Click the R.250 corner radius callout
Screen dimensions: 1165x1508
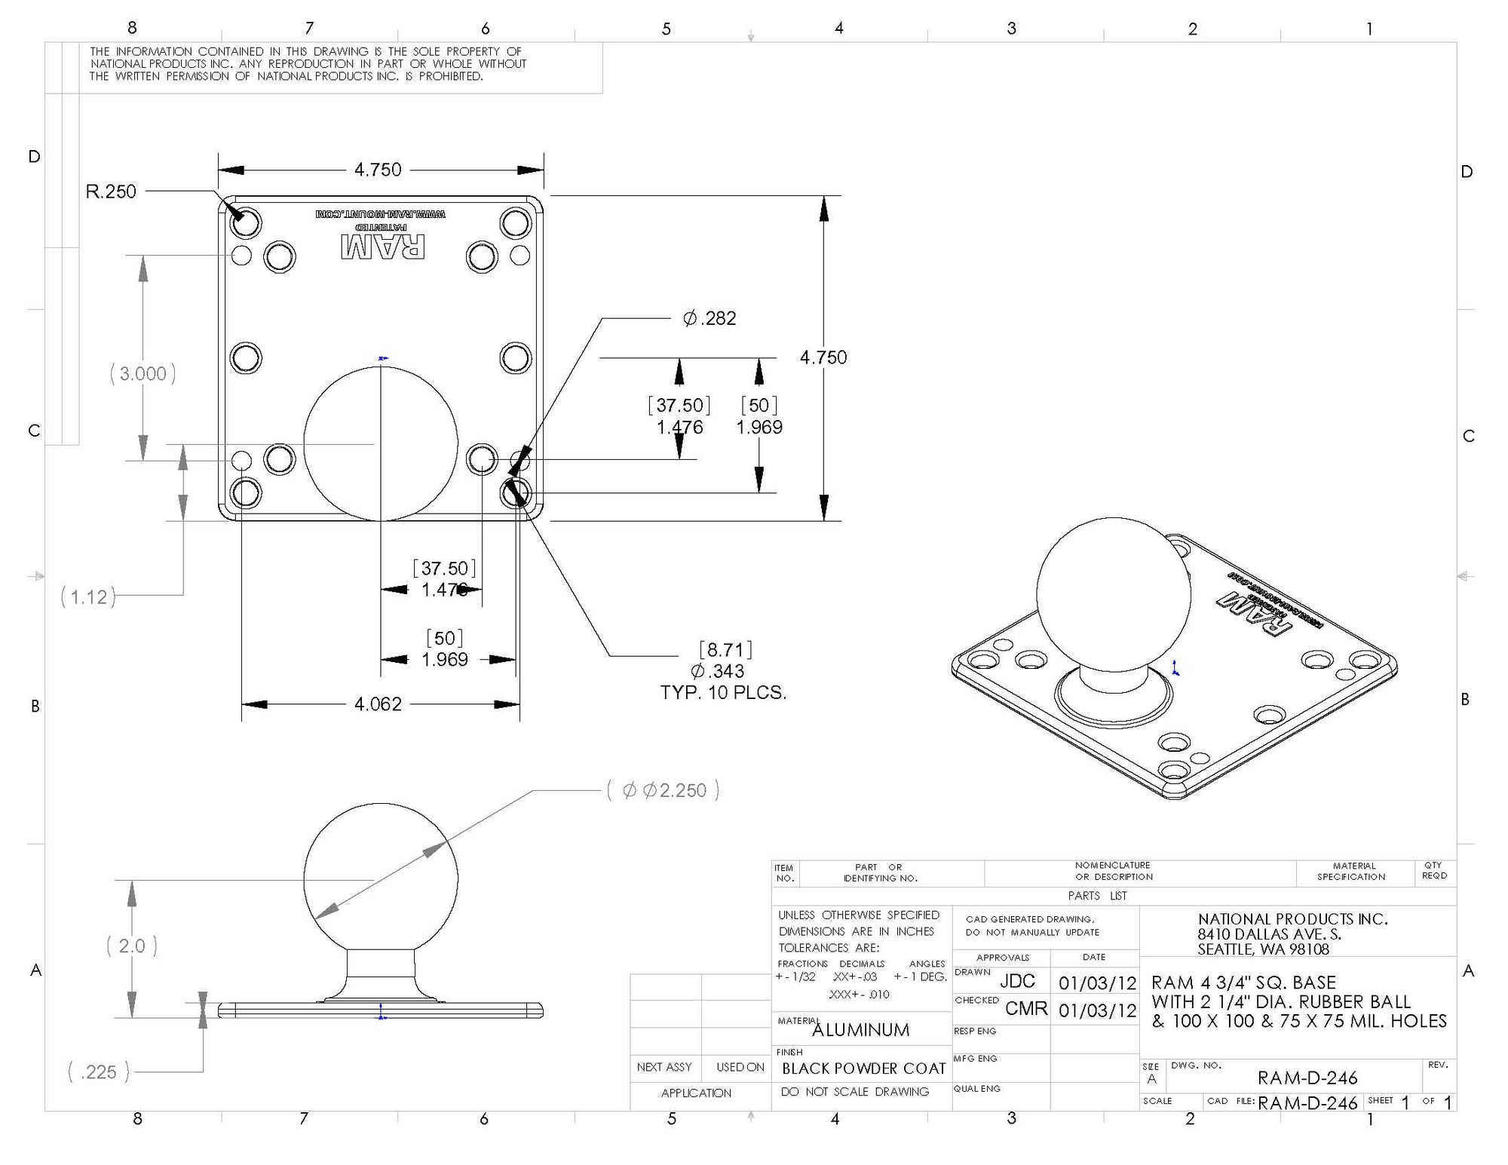(111, 192)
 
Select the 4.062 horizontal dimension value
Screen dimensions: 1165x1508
(378, 704)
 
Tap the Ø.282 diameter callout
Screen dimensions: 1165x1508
(710, 318)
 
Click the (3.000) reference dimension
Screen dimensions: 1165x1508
(143, 373)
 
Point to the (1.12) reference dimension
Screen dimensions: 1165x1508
(88, 597)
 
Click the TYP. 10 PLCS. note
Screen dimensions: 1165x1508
(723, 693)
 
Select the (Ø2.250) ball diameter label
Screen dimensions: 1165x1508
(664, 790)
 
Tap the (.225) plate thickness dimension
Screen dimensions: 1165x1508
(98, 1071)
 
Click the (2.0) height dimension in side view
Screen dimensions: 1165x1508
(132, 946)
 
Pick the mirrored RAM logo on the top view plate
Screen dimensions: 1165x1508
(382, 247)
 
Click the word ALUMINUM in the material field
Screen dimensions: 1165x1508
(860, 1030)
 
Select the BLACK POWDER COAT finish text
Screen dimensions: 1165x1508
(863, 1068)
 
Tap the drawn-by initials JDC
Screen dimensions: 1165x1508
(1017, 981)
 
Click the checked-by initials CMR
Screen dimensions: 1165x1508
(1026, 1009)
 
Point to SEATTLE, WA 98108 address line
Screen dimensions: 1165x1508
(1263, 949)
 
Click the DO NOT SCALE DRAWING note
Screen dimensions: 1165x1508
(854, 1092)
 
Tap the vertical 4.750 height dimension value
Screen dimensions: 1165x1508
(823, 357)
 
